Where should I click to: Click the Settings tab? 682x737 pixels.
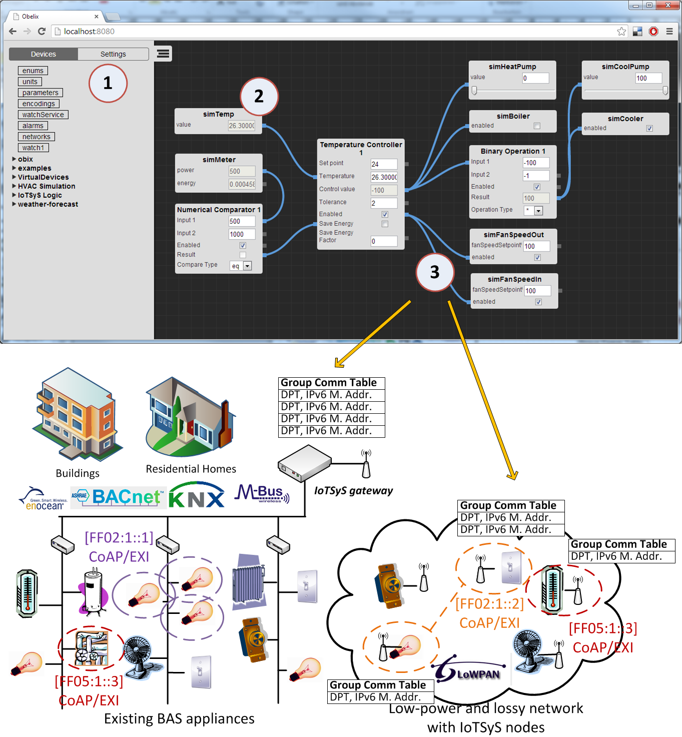(x=113, y=54)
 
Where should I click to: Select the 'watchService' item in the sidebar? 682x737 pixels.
(x=43, y=115)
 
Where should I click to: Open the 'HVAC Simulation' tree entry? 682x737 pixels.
(x=46, y=186)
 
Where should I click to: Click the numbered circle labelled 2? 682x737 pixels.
(x=259, y=96)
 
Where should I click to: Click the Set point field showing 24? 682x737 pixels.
(x=383, y=164)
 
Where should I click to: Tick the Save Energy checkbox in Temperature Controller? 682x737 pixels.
(x=385, y=224)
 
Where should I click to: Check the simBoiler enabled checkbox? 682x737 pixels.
(x=537, y=126)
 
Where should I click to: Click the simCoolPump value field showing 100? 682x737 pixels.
(x=648, y=78)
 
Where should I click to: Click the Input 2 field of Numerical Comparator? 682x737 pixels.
(x=242, y=234)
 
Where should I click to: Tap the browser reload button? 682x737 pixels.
(x=42, y=32)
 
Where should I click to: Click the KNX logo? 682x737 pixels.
(x=197, y=496)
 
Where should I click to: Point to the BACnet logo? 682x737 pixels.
(x=119, y=497)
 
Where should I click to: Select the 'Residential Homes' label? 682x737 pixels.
(x=191, y=469)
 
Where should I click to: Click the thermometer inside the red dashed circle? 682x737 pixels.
(x=552, y=590)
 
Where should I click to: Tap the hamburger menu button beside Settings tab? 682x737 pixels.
(x=163, y=54)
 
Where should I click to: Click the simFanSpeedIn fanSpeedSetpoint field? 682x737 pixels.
(x=537, y=291)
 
